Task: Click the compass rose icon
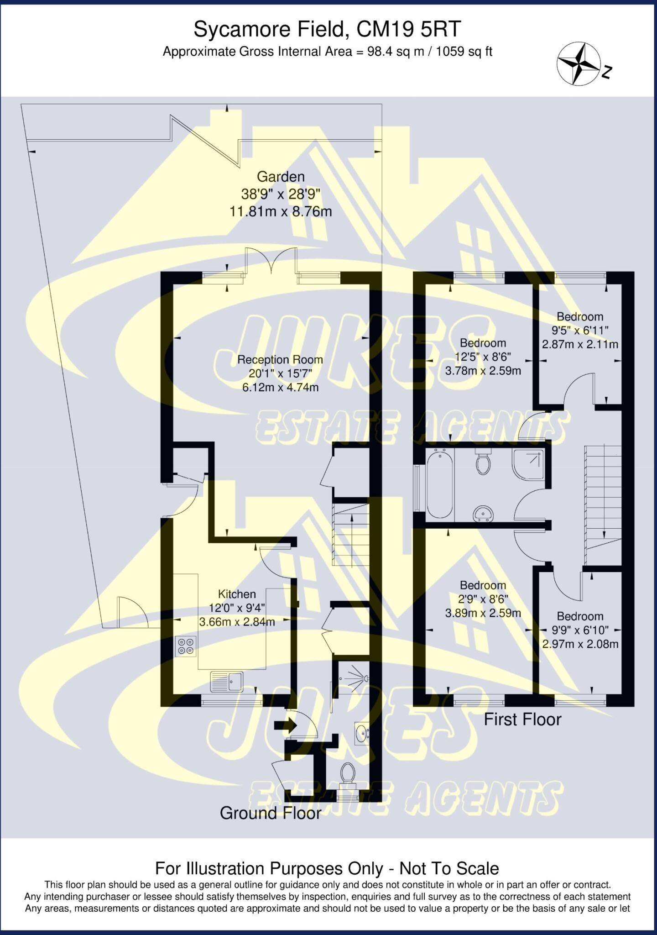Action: (578, 64)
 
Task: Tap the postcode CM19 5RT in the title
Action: (409, 30)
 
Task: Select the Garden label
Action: (281, 176)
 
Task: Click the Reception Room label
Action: (280, 360)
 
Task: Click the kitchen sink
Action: (227, 682)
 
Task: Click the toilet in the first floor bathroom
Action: (483, 462)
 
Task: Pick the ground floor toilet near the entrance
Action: (348, 772)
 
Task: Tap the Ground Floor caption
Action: (271, 813)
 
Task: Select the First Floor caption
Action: (522, 720)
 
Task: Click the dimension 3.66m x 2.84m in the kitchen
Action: (237, 622)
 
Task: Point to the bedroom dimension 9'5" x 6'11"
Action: (580, 330)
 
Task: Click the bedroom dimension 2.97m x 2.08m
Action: (580, 644)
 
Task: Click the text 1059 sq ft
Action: (464, 52)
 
